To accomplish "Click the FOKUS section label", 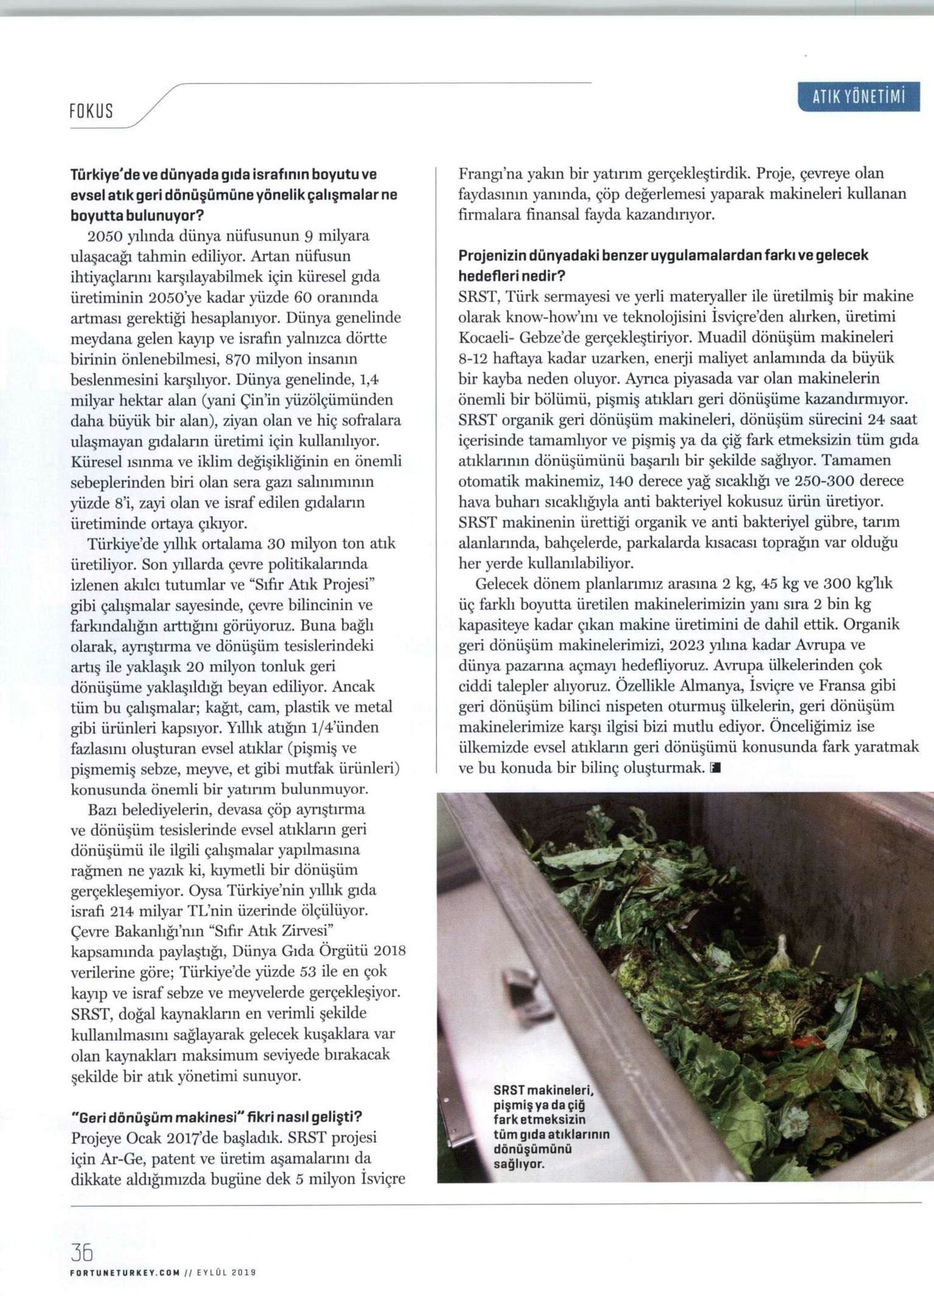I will coord(91,111).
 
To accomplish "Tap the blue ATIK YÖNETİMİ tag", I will coord(859,98).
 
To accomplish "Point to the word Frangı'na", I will coord(489,173).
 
